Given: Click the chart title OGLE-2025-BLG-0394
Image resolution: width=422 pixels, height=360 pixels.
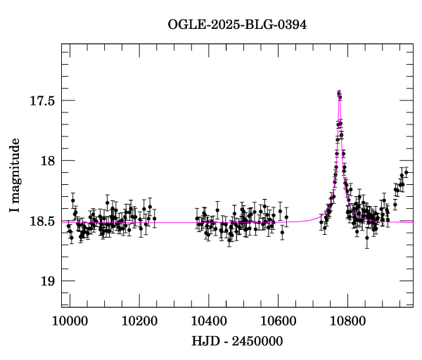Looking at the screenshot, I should tap(237, 25).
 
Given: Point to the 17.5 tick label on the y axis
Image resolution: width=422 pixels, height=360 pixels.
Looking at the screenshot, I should tap(43, 101).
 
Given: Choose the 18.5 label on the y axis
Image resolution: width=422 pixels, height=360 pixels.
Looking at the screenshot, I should tap(43, 221).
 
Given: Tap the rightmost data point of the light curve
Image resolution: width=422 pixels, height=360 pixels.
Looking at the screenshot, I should tap(406, 172).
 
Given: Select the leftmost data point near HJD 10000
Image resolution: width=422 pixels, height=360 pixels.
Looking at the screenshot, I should tap(68, 226).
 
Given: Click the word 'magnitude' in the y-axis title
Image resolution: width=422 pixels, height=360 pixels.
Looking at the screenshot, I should tap(25, 169).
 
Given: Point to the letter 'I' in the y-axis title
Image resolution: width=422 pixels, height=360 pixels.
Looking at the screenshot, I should tap(25, 211).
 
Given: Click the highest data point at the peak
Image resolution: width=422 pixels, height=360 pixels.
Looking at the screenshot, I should tap(339, 92).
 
